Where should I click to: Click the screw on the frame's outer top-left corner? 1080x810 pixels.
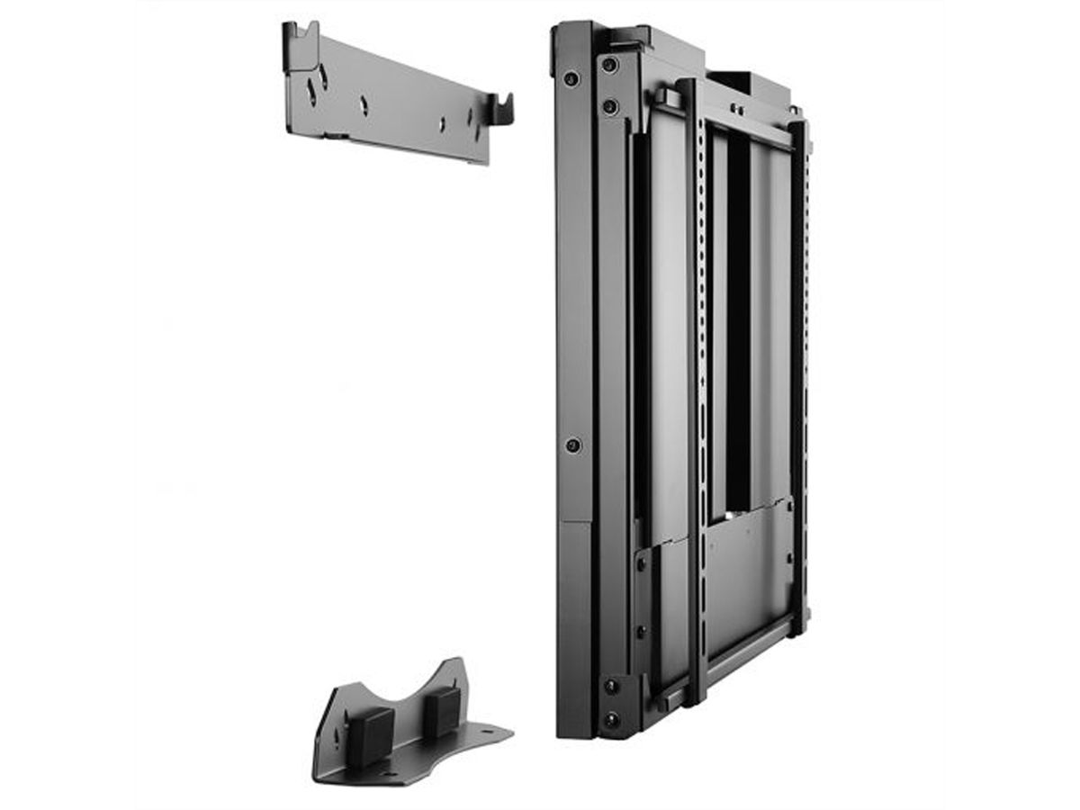[571, 79]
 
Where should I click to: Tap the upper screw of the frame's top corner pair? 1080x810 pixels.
[610, 65]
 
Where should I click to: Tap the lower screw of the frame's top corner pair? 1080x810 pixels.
[610, 107]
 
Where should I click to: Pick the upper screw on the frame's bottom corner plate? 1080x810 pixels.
[611, 686]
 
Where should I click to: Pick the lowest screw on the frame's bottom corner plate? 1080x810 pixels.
[611, 720]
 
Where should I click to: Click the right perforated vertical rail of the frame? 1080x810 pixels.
[798, 360]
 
